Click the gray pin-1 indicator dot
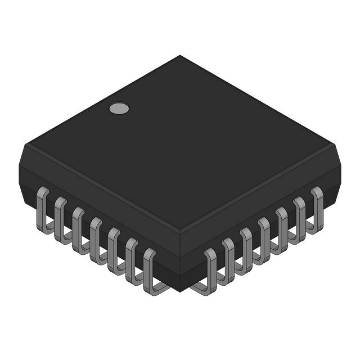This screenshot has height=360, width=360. click(119, 109)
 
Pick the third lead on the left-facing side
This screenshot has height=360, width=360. click(78, 228)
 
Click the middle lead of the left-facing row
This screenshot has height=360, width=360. click(96, 238)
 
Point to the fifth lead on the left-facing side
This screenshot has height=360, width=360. click(114, 247)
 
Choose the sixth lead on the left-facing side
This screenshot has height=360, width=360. click(132, 258)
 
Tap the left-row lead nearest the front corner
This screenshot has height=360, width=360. click(150, 269)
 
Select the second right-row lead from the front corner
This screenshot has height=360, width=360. click(228, 258)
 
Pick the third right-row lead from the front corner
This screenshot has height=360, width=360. click(246, 248)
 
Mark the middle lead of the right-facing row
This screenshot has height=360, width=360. click(264, 238)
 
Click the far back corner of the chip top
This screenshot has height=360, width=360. click(180, 56)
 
